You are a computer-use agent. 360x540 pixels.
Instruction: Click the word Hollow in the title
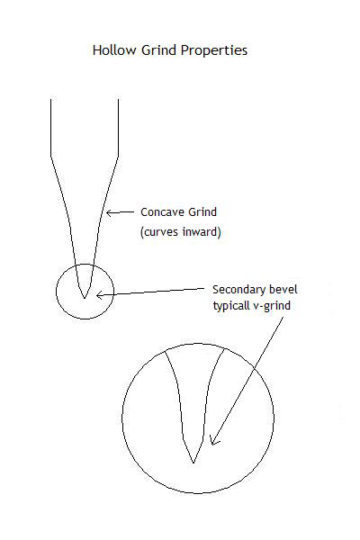click(x=114, y=50)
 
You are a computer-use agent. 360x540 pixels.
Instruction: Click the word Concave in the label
click(x=160, y=211)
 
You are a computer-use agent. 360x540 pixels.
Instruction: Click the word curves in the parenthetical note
click(x=159, y=232)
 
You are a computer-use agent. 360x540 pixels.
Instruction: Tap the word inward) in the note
click(x=202, y=232)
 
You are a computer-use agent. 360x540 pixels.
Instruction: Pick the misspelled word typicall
click(x=230, y=306)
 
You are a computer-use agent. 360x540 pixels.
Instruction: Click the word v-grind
click(x=272, y=306)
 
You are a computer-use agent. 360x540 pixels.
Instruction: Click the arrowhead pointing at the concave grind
click(x=109, y=212)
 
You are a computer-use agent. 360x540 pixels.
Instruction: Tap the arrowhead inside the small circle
click(x=99, y=295)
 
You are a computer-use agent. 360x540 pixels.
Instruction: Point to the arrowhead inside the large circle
click(x=213, y=442)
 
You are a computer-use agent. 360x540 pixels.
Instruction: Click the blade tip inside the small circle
click(x=85, y=298)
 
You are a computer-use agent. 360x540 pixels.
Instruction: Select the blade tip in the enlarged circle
click(x=193, y=463)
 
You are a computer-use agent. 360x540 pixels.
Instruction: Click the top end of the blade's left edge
click(x=51, y=100)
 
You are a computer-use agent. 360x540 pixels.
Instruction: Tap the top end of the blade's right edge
click(x=119, y=100)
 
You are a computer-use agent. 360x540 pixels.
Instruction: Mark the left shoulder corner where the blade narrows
click(x=51, y=157)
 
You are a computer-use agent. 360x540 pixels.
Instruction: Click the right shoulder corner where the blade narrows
click(x=119, y=157)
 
